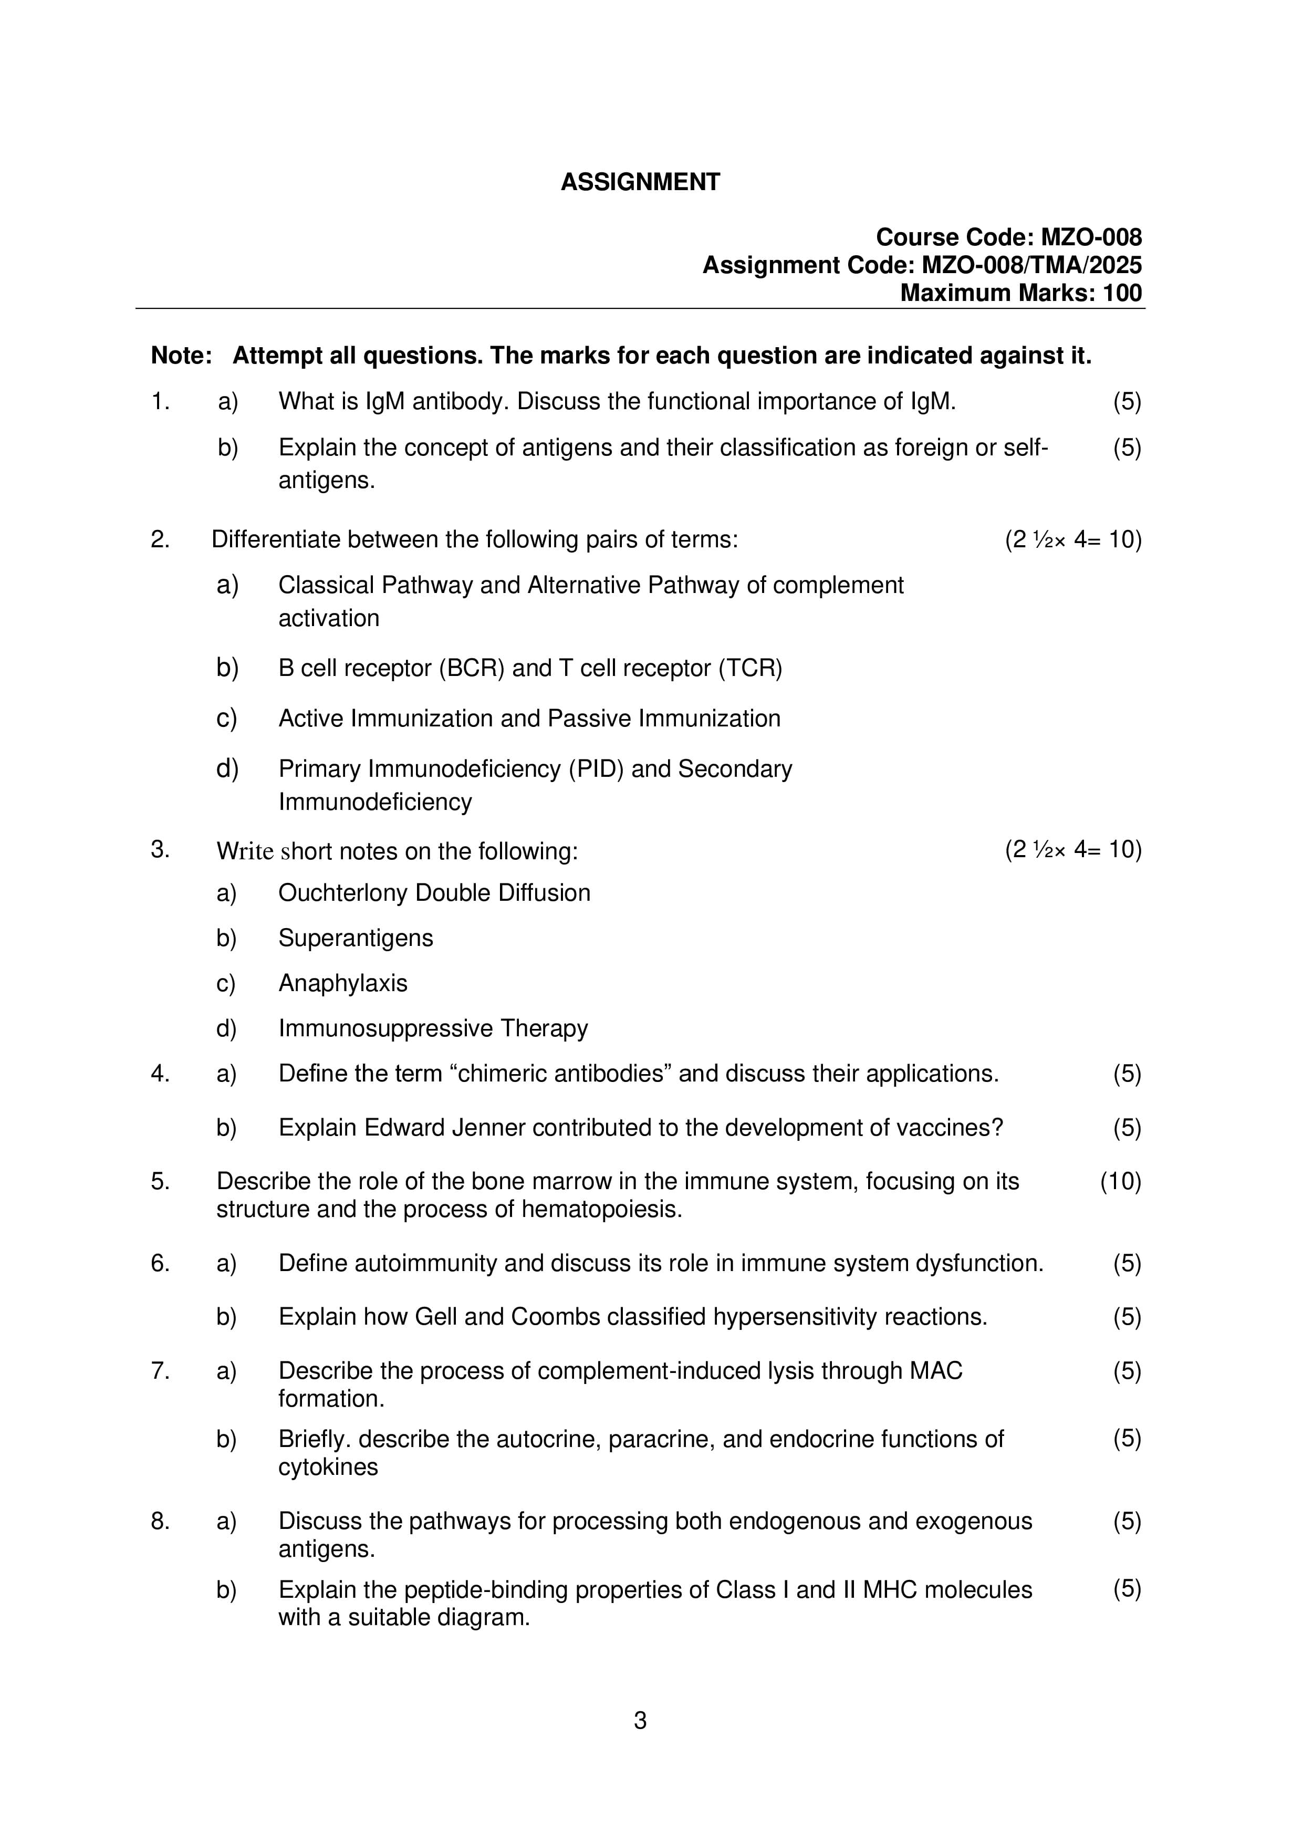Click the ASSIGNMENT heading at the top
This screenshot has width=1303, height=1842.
[640, 182]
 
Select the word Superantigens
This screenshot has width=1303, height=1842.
[356, 938]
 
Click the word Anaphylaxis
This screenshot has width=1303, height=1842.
[342, 984]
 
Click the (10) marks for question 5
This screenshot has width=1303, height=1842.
[1120, 1182]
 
